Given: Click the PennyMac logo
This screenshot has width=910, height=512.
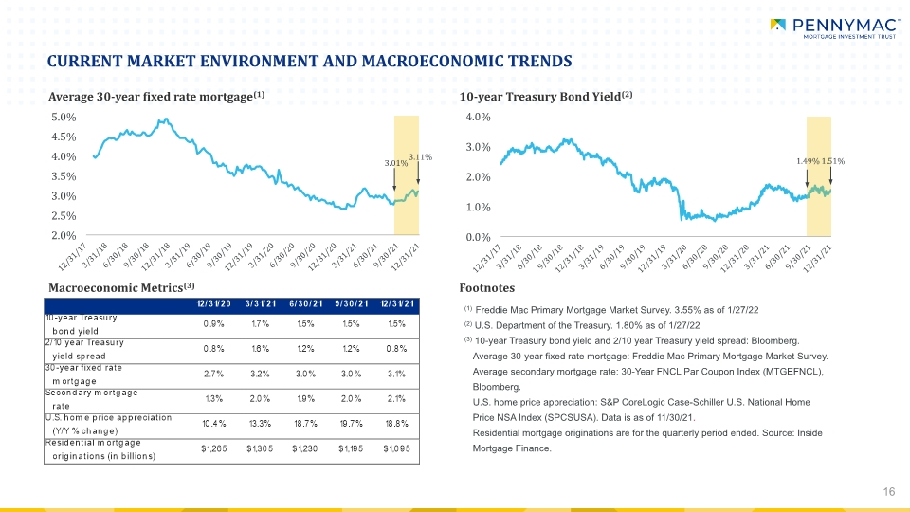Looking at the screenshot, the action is (x=834, y=28).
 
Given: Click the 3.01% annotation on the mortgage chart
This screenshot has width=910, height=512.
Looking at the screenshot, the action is (x=396, y=163).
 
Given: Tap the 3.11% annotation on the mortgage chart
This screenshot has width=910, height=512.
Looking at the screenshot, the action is (x=420, y=157).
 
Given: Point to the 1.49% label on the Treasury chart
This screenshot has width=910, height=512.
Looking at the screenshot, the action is (x=808, y=161).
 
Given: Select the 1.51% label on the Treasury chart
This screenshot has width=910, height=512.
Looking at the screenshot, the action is (x=833, y=161).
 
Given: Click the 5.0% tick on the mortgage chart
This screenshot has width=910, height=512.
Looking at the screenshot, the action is (x=64, y=118).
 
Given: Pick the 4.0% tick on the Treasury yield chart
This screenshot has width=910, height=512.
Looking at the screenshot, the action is (x=478, y=118).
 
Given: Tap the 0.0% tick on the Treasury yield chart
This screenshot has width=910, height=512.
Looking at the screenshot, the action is (x=478, y=237).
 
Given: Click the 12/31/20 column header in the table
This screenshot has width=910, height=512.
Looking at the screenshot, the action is (x=213, y=304).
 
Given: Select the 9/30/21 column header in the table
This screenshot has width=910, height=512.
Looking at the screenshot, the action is (x=351, y=304).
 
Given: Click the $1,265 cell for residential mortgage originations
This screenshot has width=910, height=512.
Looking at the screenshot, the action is (x=213, y=448).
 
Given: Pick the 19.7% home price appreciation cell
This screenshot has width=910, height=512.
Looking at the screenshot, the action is (x=351, y=424).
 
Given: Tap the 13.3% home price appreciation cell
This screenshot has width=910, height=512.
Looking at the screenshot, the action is (x=260, y=424).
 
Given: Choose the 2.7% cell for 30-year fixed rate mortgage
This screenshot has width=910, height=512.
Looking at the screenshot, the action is (x=213, y=374).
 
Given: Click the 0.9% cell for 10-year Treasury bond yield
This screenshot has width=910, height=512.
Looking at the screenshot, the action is (x=213, y=324).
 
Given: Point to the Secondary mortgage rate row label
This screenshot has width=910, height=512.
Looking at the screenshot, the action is (x=91, y=399).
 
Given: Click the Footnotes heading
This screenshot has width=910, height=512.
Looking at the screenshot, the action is (x=487, y=288).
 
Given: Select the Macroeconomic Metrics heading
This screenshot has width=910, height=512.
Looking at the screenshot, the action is (x=121, y=287).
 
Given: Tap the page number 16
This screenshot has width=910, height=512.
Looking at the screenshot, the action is (x=889, y=492).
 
